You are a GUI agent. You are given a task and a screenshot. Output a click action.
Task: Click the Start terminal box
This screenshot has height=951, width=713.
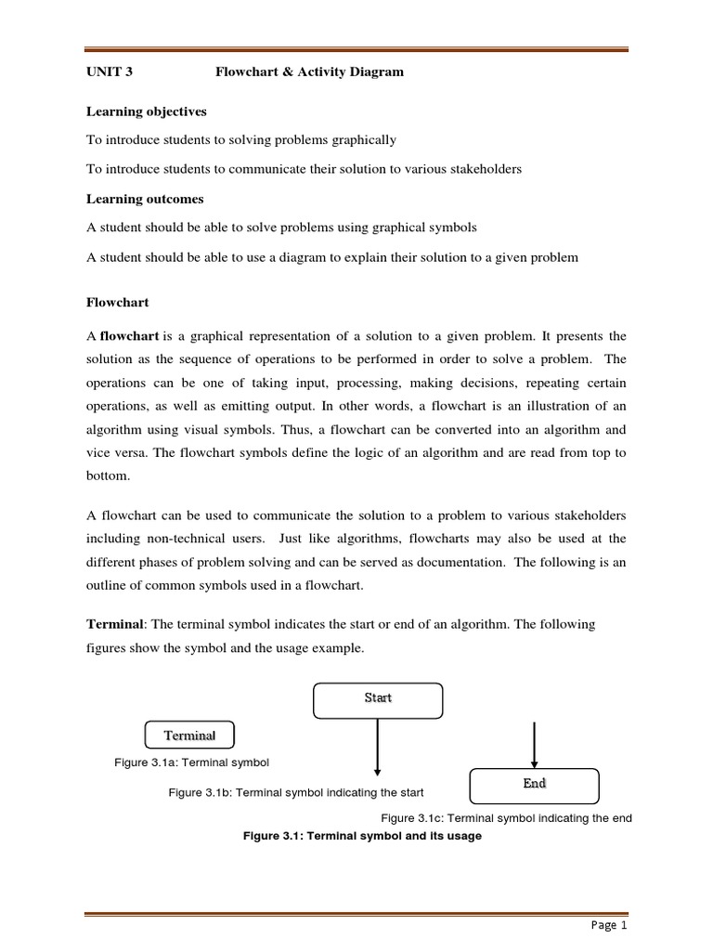click(x=378, y=700)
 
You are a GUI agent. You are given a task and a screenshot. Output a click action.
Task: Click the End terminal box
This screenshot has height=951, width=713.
click(x=534, y=785)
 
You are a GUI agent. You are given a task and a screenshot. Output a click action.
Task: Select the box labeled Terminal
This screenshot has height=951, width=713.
click(x=189, y=736)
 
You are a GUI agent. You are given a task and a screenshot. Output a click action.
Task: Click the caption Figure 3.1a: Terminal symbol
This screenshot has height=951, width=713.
click(x=191, y=762)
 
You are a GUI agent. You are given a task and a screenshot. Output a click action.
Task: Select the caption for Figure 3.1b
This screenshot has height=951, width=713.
click(x=295, y=792)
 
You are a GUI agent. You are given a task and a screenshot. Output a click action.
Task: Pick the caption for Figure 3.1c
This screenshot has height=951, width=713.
click(x=506, y=817)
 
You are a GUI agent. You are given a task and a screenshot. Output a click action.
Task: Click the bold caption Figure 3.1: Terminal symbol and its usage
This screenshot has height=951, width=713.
click(x=362, y=836)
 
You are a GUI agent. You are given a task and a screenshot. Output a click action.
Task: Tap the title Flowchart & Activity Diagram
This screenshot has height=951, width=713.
click(x=309, y=72)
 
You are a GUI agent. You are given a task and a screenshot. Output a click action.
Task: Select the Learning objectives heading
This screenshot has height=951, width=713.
click(x=147, y=111)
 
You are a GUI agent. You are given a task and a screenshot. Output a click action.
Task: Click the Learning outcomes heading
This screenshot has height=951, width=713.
click(x=145, y=199)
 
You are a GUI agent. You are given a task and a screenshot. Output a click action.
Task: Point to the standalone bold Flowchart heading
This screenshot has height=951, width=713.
click(x=117, y=303)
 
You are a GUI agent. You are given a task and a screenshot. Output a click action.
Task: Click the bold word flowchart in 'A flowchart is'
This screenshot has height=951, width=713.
click(x=129, y=335)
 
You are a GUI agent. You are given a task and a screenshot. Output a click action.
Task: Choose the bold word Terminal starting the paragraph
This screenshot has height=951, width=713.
click(x=114, y=625)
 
